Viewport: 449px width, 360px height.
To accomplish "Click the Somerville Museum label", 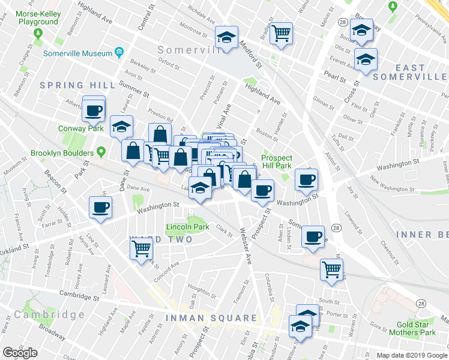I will [x=77, y=52].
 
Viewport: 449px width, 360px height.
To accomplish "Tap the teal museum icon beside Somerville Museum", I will [x=119, y=52].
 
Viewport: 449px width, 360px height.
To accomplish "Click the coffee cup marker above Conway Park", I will [x=94, y=110].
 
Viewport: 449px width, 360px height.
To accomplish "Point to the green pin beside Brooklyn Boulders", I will [x=101, y=152].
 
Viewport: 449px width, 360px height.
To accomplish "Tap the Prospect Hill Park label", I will [x=276, y=161].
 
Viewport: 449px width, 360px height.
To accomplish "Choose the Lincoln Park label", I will [x=187, y=227].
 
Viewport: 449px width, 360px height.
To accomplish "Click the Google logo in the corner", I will [x=20, y=353].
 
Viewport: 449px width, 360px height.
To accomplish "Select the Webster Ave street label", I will [x=246, y=247].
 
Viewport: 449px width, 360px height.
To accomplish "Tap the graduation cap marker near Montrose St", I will [x=226, y=38].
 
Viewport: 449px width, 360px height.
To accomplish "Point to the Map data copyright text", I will [x=412, y=355].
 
